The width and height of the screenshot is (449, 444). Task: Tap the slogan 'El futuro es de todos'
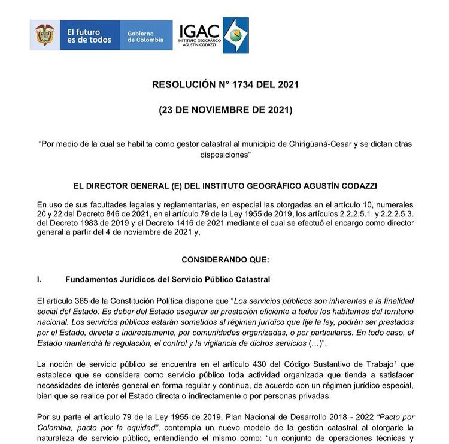89,35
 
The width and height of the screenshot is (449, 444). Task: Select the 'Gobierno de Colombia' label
145,37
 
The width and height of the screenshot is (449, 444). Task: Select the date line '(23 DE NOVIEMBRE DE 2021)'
225,110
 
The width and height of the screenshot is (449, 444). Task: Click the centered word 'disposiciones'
224,155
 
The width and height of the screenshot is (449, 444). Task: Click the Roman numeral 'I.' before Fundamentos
40,279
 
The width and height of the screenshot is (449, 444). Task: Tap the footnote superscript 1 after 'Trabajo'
396,362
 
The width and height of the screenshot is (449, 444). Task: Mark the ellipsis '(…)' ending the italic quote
313,342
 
